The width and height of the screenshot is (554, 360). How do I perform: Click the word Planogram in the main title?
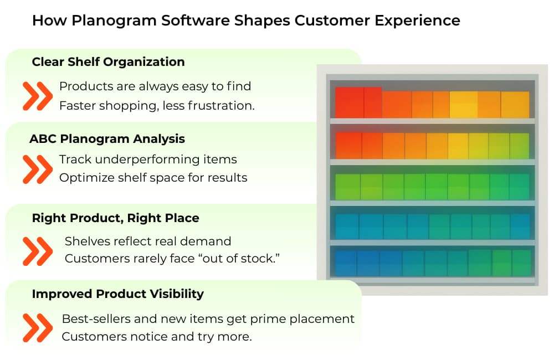click(114, 21)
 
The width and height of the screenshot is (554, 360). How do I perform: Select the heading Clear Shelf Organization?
click(108, 62)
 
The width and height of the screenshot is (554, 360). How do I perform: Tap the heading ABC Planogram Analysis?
click(107, 139)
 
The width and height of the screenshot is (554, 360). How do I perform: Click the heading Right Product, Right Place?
click(116, 218)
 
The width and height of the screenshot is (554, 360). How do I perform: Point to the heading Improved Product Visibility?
click(117, 294)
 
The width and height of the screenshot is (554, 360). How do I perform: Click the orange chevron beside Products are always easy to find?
click(38, 96)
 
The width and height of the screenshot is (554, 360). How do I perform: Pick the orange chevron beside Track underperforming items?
click(38, 169)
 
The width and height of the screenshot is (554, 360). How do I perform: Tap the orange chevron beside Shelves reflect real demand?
click(38, 251)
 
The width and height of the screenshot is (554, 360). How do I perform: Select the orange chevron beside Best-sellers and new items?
click(38, 327)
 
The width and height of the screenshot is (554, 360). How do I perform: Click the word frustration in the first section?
click(221, 106)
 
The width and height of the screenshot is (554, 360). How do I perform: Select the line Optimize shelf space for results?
click(153, 177)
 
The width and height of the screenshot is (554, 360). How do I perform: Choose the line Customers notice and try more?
click(157, 337)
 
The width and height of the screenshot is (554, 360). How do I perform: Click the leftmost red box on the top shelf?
click(350, 102)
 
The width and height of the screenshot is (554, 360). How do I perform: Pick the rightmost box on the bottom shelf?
click(521, 263)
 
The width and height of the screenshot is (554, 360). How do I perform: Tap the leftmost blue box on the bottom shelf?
click(346, 263)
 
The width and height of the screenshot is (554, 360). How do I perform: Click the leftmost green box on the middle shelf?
click(348, 187)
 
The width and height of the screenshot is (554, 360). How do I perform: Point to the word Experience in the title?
click(417, 21)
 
